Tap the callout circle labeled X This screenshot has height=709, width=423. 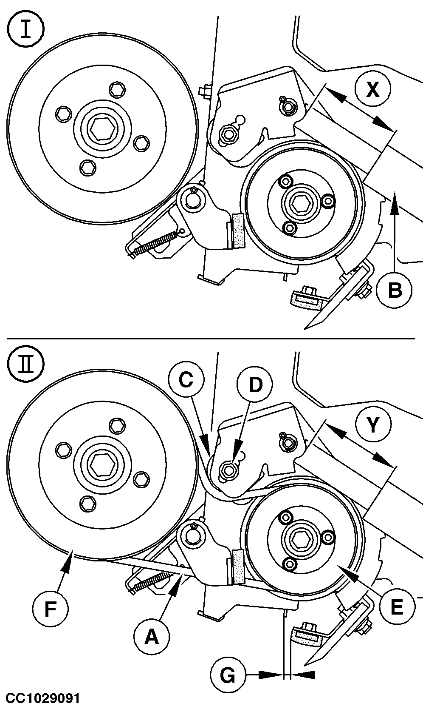coord(372,90)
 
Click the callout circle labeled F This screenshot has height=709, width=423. coord(50,610)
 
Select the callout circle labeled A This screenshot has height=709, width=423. coord(152,637)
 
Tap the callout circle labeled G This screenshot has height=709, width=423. coord(228,675)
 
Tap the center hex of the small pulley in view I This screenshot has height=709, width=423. coord(302,199)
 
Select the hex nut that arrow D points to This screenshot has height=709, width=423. coord(228,469)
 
